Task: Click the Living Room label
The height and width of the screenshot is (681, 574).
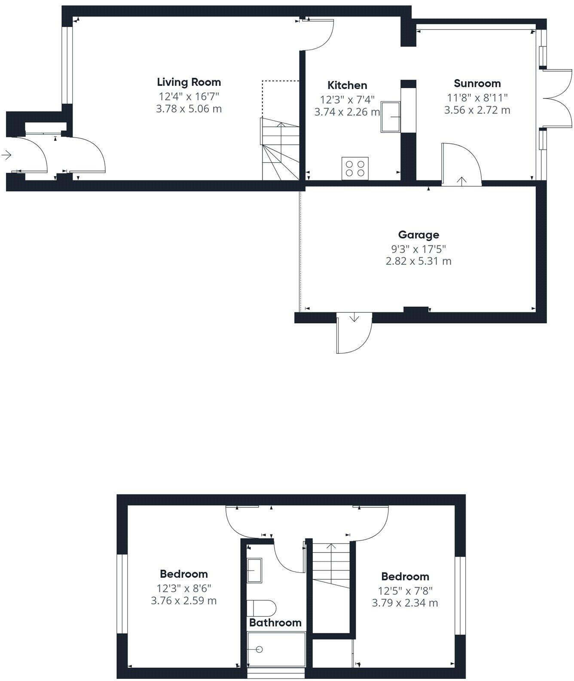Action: tap(189, 82)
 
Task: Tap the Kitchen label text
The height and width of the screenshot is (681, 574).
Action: tap(347, 85)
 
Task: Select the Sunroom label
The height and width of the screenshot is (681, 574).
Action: tap(477, 83)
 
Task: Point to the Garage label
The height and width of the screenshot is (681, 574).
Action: tap(418, 235)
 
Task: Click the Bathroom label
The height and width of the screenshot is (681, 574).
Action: tap(275, 623)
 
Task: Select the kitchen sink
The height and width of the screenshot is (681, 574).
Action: tap(390, 116)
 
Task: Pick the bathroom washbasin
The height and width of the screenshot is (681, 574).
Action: tap(254, 570)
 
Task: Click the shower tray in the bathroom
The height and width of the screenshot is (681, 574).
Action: tap(276, 649)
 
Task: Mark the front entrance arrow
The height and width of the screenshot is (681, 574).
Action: tap(6, 155)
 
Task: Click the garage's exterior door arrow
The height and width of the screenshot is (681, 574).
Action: tap(354, 318)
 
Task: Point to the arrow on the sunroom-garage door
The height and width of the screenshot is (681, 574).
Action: tap(462, 181)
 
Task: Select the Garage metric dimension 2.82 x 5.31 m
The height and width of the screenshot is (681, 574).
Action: tap(418, 261)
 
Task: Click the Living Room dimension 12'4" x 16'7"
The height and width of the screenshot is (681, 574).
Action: tap(189, 96)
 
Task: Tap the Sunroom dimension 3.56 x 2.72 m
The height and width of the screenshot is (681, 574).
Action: tap(477, 110)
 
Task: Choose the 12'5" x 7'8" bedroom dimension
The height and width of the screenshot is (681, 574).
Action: tap(405, 590)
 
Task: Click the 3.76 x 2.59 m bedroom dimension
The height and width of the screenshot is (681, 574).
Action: tap(183, 601)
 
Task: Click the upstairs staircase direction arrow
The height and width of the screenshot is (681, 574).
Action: tap(331, 547)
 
